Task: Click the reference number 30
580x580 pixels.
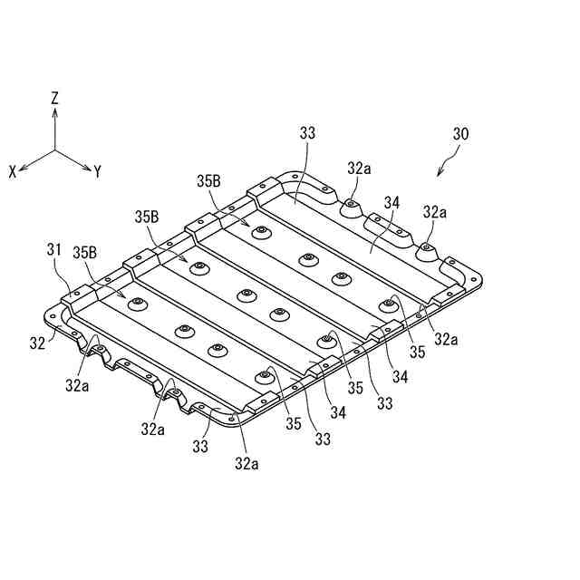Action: pos(460,133)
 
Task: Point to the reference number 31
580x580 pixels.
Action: pos(54,248)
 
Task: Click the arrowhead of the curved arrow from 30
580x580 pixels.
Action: pos(440,172)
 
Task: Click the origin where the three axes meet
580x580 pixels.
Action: pos(55,150)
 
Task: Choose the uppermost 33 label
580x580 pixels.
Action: pos(307,133)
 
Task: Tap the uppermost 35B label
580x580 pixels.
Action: pos(208,180)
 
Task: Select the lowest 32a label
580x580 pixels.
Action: pos(246,464)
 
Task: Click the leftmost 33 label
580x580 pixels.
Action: pos(200,446)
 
